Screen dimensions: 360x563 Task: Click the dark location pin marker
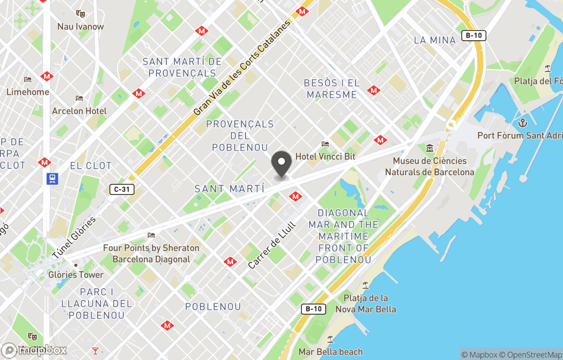[x=282, y=163]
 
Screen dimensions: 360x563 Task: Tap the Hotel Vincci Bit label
[x=325, y=156]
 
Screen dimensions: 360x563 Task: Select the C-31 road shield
[x=121, y=189]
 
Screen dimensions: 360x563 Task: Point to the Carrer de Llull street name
[x=272, y=245]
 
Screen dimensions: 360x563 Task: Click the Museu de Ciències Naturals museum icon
[x=430, y=149]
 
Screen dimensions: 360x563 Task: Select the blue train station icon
[x=53, y=179]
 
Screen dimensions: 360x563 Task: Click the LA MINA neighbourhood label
[x=434, y=40]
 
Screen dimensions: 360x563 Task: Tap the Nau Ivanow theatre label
[x=80, y=26]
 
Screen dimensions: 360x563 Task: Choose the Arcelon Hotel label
[x=79, y=111]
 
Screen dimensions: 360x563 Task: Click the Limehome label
[x=28, y=92]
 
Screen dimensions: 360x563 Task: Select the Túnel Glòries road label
[x=74, y=237]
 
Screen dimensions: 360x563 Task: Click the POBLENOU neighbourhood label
[x=213, y=306]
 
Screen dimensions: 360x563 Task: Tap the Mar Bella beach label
[x=331, y=352]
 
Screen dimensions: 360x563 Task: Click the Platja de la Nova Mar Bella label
[x=370, y=304]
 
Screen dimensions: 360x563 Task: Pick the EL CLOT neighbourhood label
[x=91, y=165]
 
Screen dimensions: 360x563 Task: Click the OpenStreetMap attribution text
[x=531, y=355]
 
